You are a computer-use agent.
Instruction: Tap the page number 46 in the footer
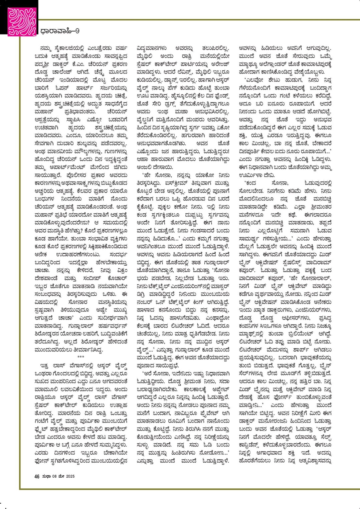pos(37,476)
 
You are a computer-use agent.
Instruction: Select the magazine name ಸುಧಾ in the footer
pos(46,476)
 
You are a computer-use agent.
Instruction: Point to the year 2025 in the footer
pos(69,476)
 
